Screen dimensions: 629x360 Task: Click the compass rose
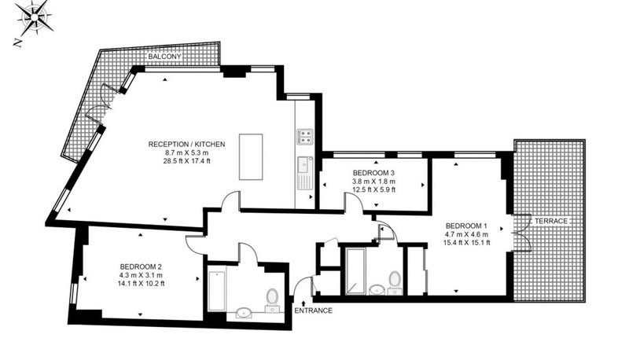[x=35, y=17]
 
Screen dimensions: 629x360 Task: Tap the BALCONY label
[x=164, y=57]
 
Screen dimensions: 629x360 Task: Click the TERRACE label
[x=551, y=221]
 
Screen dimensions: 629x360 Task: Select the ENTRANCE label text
[x=313, y=310]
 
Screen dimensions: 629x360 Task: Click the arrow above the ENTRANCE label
[x=303, y=303]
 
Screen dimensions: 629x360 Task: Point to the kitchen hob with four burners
[x=305, y=137]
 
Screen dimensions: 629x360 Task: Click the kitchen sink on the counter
[x=305, y=165]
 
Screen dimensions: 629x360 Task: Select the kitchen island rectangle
[x=251, y=156]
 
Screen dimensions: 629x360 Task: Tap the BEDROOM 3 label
[x=373, y=173]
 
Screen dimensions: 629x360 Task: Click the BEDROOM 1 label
[x=466, y=225]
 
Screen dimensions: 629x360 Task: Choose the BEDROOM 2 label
[x=141, y=266]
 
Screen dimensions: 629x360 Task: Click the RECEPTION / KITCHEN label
[x=186, y=144]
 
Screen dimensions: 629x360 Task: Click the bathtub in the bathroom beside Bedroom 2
[x=217, y=291]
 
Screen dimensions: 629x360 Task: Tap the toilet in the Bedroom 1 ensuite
[x=395, y=283]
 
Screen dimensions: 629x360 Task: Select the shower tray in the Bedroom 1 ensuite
[x=356, y=271]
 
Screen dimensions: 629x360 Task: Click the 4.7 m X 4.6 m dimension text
[x=466, y=234]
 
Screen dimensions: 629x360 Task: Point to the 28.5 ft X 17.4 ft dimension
[x=186, y=161]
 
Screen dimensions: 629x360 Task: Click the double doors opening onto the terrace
[x=522, y=233]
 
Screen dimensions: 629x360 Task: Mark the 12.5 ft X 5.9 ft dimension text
[x=373, y=189]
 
